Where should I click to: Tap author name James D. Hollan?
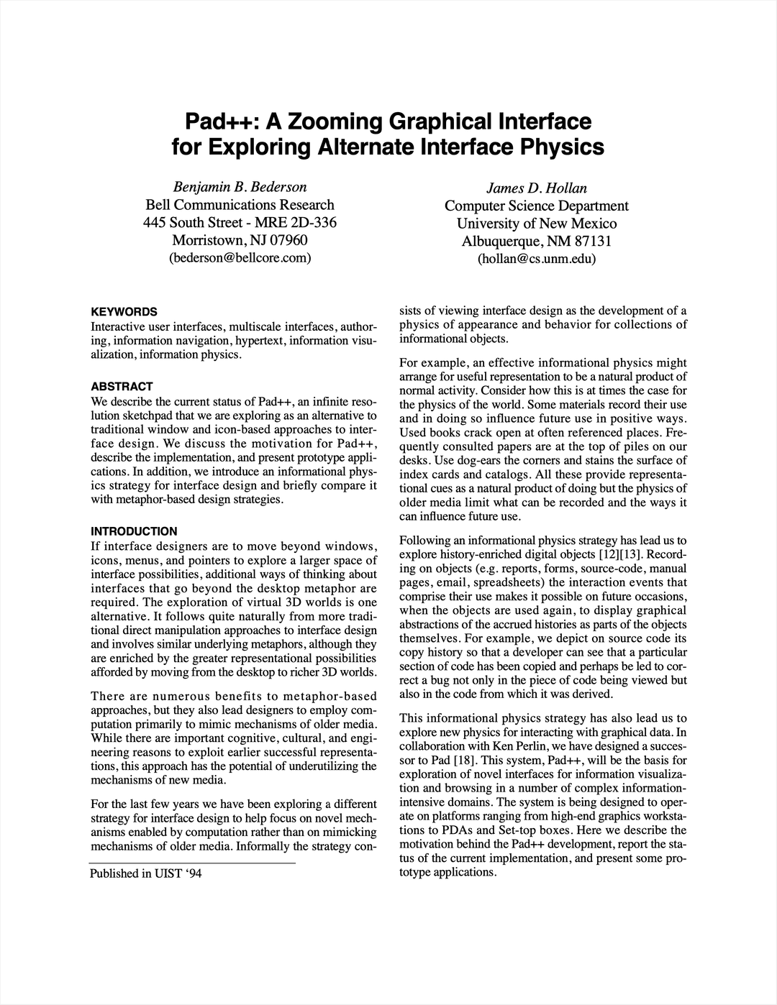(537, 188)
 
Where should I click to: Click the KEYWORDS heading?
(124, 312)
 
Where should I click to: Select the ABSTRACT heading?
(122, 387)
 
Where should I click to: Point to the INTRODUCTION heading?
(134, 531)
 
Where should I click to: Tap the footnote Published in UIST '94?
(145, 873)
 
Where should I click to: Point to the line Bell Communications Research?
(240, 205)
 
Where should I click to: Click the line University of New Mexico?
(537, 224)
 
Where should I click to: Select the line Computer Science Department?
(537, 206)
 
